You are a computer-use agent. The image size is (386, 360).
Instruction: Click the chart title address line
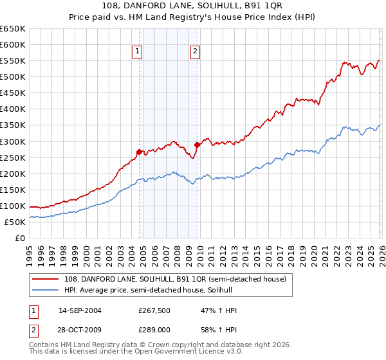192,6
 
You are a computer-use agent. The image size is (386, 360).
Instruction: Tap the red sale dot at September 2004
140,152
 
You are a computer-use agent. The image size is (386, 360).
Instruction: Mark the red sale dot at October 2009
197,145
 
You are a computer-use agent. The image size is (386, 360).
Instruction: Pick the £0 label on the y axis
19,239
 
